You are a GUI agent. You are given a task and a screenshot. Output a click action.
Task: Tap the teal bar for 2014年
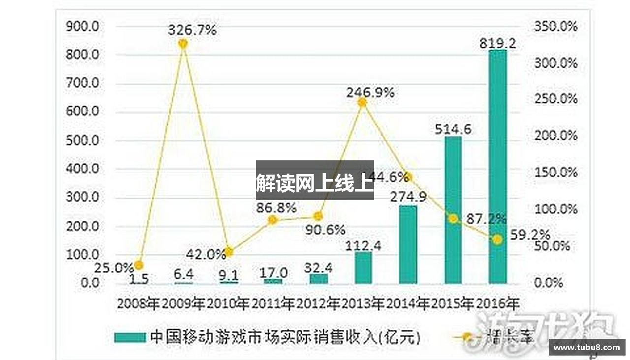[408, 244]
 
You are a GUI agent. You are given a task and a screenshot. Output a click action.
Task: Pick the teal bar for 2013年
[363, 268]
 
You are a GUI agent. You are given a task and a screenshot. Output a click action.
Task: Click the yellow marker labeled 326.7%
[183, 44]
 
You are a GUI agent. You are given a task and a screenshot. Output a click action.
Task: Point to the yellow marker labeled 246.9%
[362, 102]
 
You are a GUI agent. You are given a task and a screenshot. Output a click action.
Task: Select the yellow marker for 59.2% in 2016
[498, 240]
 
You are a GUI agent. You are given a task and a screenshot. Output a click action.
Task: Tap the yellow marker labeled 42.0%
[228, 252]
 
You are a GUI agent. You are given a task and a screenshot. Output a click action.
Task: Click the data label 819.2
[498, 44]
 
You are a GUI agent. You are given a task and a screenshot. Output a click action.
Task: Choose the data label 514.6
[453, 129]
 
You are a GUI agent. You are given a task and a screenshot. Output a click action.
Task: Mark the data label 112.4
[363, 245]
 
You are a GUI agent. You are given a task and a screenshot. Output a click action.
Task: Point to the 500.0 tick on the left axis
[83, 141]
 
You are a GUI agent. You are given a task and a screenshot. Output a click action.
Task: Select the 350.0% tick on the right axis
[556, 27]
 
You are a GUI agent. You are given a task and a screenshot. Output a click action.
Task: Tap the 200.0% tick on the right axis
[556, 136]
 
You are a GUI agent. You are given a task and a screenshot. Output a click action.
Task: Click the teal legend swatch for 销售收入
[130, 337]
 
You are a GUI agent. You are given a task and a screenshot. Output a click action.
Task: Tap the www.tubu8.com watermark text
[587, 347]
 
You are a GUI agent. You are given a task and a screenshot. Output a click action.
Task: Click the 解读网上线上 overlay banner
[315, 180]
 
